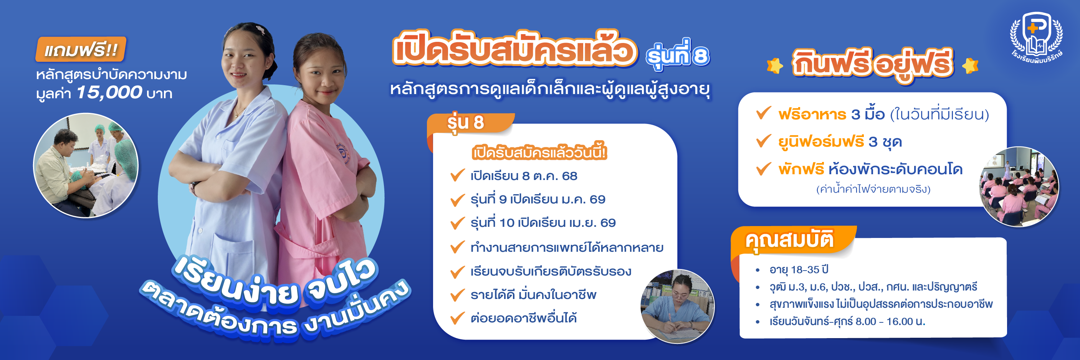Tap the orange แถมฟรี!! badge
[x=81, y=50]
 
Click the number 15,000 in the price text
[x=109, y=92]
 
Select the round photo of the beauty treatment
[x=86, y=165]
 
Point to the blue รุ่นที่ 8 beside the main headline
[x=678, y=55]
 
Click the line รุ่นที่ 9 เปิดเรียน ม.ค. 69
[x=538, y=199]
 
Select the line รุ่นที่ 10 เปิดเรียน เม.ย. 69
[x=543, y=223]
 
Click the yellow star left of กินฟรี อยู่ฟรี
[x=774, y=66]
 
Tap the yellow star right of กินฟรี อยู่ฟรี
[x=970, y=66]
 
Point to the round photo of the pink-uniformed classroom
[x=1019, y=187]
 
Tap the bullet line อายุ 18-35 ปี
[x=799, y=269]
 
